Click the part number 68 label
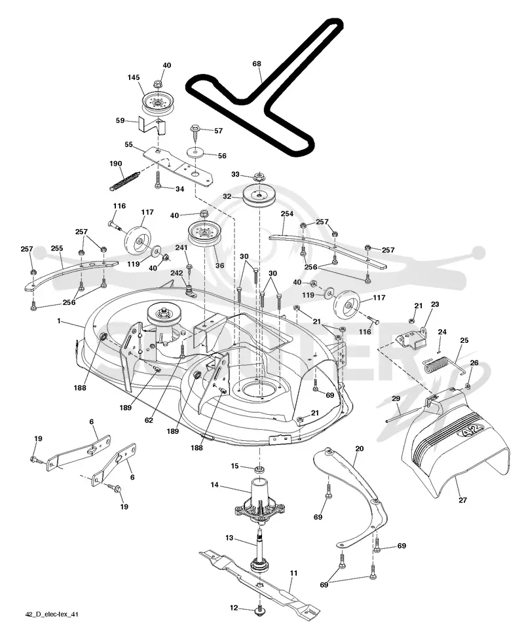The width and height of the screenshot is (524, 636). [x=257, y=63]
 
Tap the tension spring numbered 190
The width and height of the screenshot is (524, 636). [x=125, y=180]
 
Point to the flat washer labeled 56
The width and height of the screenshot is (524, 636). [x=196, y=153]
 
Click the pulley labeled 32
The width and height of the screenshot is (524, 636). [x=259, y=196]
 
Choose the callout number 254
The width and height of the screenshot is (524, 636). [x=287, y=214]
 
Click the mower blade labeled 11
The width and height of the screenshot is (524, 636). [x=259, y=580]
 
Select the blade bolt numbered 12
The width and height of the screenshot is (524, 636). [x=259, y=608]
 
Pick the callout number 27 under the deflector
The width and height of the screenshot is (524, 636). [x=462, y=500]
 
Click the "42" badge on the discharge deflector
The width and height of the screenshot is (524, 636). [x=471, y=429]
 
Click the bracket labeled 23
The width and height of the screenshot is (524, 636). [x=411, y=337]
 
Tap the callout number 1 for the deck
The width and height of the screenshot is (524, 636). [x=59, y=321]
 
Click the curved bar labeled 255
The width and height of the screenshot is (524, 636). [x=71, y=276]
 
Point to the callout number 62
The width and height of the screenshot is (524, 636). [x=149, y=420]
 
